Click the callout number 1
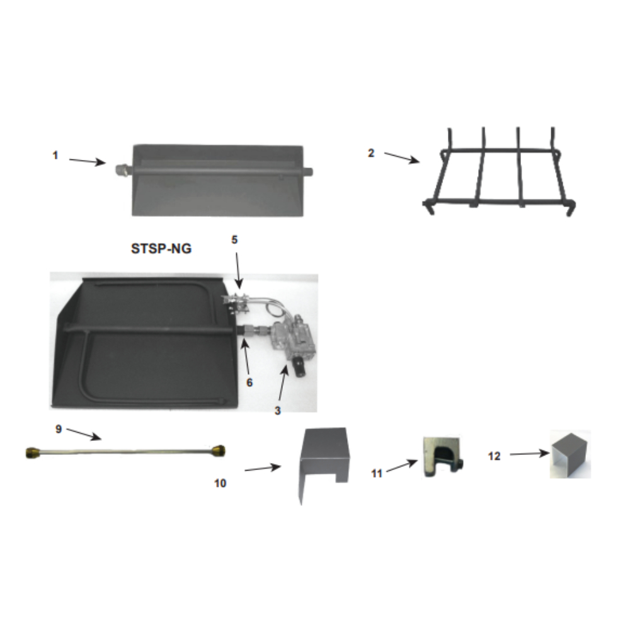tap(55, 154)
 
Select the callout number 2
tap(371, 152)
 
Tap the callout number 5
tap(234, 239)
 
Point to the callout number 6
tap(250, 382)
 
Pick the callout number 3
tap(277, 410)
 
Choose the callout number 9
tap(58, 428)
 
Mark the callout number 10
tap(220, 484)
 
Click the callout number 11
tap(377, 473)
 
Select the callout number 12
tap(495, 455)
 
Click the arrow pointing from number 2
tap(402, 157)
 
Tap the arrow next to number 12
tap(529, 453)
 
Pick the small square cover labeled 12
tap(570, 454)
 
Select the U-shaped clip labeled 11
tap(441, 455)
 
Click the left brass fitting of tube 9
tap(32, 451)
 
